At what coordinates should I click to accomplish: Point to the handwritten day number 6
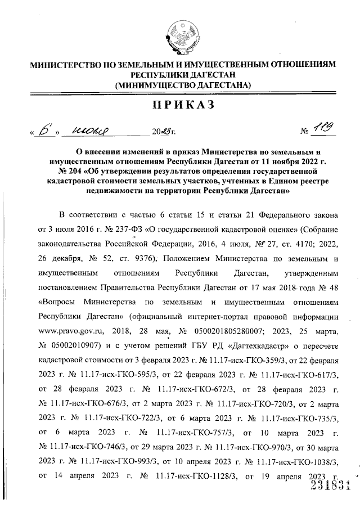(42, 132)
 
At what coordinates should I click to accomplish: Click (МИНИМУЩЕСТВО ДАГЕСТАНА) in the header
(182, 84)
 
